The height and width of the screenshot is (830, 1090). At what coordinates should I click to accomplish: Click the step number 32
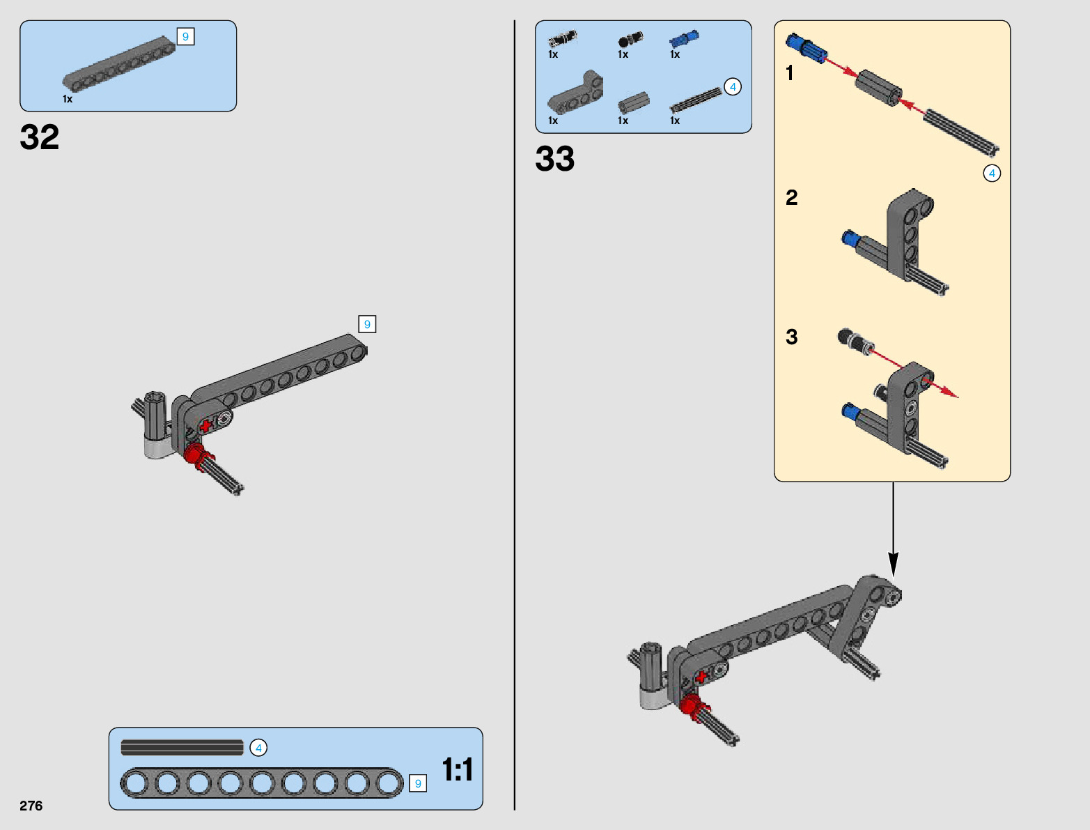tap(40, 137)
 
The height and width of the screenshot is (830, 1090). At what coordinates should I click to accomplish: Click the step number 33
tap(555, 158)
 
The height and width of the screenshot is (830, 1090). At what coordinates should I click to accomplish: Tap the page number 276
tap(31, 806)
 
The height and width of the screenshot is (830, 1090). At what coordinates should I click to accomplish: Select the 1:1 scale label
tap(458, 770)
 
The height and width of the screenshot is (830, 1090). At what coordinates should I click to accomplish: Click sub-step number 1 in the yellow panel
tap(790, 73)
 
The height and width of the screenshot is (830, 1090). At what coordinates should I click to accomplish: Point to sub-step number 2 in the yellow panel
tap(792, 198)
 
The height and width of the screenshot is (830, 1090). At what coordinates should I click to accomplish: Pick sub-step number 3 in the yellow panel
tap(792, 337)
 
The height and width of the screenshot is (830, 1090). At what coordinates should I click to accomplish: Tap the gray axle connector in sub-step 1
tap(878, 87)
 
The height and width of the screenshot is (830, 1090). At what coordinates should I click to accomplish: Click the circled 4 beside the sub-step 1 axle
tap(992, 173)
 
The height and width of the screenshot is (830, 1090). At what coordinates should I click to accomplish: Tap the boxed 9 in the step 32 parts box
tap(185, 36)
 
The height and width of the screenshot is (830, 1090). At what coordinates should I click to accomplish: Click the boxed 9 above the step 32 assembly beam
tap(367, 324)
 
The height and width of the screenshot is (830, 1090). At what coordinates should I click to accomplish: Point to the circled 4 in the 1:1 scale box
tap(258, 748)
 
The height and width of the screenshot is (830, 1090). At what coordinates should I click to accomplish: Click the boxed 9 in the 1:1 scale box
tap(418, 783)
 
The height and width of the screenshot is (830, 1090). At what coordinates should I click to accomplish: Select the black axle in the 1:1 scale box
tap(182, 748)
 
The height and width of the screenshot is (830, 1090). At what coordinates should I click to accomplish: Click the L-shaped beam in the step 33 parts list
tap(575, 94)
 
